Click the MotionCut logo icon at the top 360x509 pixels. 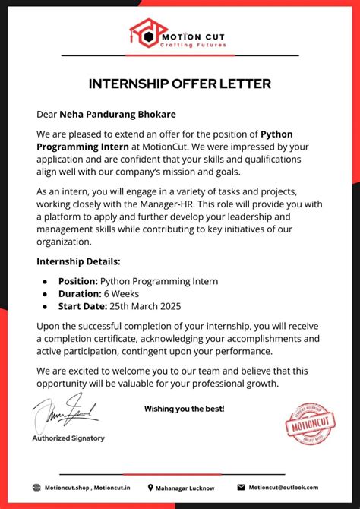tap(144, 33)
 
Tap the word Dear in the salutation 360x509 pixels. tap(47, 115)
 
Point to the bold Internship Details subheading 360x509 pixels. tap(78, 261)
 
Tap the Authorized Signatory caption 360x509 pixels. tap(68, 438)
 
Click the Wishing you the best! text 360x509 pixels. tap(185, 409)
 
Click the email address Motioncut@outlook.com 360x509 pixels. tap(283, 488)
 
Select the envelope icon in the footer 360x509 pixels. tap(242, 488)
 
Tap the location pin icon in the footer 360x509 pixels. tap(150, 488)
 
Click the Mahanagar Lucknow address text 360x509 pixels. tap(185, 488)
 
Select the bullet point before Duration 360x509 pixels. tap(45, 294)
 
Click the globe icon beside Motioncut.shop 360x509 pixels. tap(36, 488)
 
